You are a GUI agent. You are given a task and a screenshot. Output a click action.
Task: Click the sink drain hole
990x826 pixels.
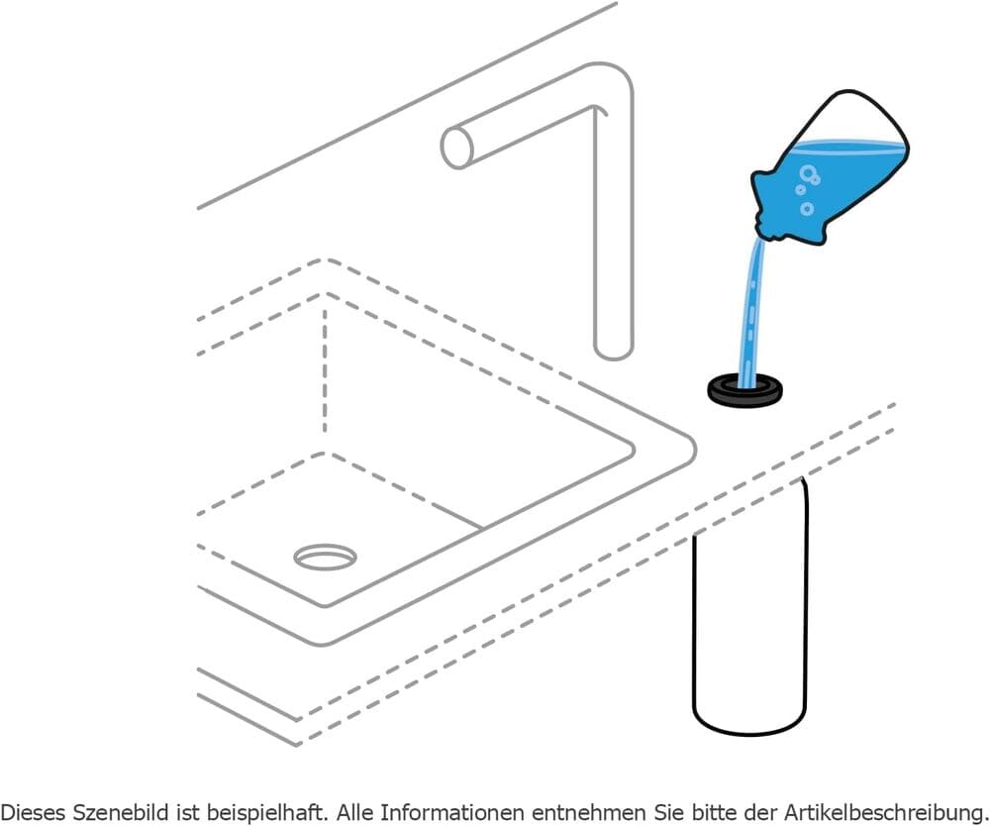[x=325, y=558]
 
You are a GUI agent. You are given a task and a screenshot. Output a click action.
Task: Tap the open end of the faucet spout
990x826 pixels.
[x=456, y=148]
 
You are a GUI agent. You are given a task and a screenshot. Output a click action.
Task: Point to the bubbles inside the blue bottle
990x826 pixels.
[x=807, y=188]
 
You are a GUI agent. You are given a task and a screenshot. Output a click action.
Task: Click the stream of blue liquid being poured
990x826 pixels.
[x=751, y=309]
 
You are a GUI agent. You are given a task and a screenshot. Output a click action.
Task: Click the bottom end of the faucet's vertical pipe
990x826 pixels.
[x=613, y=351]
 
